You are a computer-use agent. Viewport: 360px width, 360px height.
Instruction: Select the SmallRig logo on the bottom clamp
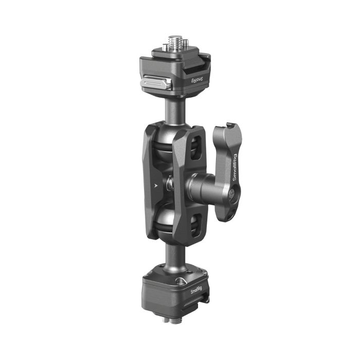[x=196, y=290]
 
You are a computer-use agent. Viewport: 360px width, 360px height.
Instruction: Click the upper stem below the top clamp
[x=172, y=109]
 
